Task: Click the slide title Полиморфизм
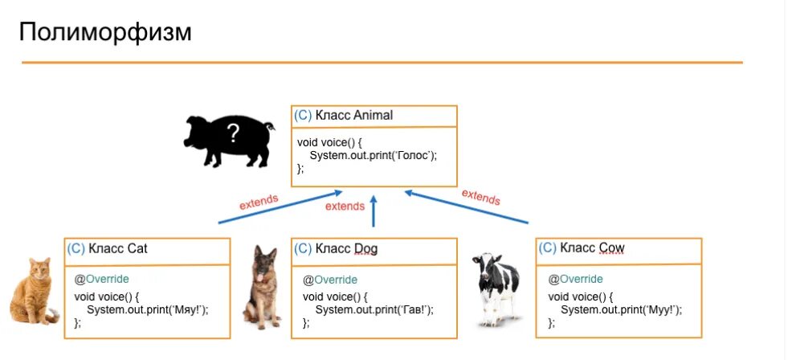105,33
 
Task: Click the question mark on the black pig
233,131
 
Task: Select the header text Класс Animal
354,115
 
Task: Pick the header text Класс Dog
346,248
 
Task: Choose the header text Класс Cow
592,247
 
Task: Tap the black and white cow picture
495,288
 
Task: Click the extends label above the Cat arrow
259,202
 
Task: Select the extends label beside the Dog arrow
345,207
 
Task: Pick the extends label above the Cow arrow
480,196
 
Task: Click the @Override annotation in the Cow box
575,279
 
